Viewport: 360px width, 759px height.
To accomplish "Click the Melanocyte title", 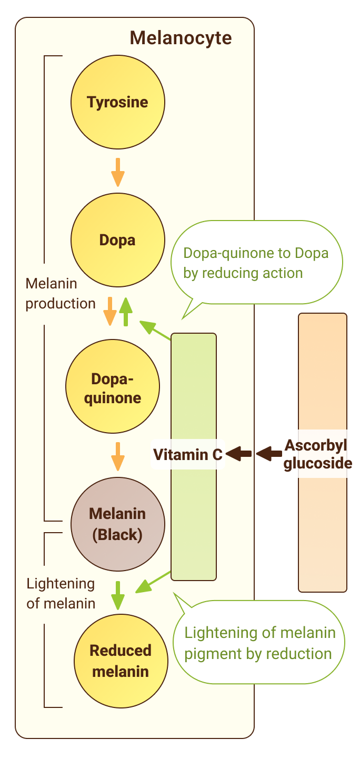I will (x=181, y=38).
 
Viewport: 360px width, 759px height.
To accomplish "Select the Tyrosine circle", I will (x=117, y=102).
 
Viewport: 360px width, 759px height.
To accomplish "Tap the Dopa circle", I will (x=117, y=240).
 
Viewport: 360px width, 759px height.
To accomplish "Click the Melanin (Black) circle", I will (x=117, y=524).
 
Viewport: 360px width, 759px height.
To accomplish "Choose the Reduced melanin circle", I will (x=121, y=661).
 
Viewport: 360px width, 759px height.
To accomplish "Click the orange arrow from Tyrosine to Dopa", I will (x=118, y=172).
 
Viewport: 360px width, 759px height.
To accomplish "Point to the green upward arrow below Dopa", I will (x=125, y=311).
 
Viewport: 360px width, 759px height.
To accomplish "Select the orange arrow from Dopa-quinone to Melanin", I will (x=118, y=456).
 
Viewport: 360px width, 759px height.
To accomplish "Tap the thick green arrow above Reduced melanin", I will (x=118, y=595).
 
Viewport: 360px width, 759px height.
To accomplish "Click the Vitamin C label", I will (x=188, y=454).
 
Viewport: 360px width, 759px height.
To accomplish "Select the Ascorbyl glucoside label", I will (x=317, y=454).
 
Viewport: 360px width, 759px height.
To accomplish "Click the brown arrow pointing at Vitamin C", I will (x=238, y=453).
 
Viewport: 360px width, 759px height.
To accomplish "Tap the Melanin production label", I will (x=61, y=294).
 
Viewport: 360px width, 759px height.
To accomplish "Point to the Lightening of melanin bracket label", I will (x=61, y=593).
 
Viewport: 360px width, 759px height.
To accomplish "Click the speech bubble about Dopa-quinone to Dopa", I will (x=256, y=263).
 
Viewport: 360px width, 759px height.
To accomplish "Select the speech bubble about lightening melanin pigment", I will (x=259, y=643).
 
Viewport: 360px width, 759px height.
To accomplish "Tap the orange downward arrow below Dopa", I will (x=109, y=311).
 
